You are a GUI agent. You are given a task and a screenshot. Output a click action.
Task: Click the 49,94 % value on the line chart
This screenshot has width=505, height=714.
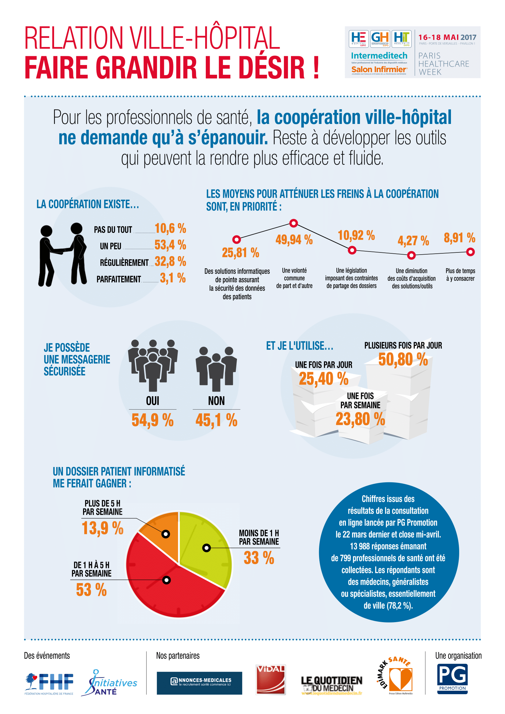[x=294, y=239]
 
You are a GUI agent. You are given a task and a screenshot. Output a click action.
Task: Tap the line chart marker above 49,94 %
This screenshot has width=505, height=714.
[x=293, y=223]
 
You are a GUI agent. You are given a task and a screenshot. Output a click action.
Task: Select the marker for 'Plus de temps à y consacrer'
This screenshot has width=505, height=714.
[x=470, y=252]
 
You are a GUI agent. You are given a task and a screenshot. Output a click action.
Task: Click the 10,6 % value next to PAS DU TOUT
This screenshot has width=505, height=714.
[x=170, y=228]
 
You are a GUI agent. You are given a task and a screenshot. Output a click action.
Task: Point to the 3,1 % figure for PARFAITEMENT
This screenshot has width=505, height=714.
[x=173, y=278]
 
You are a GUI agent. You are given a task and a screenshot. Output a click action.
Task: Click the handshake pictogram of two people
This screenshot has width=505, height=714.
[x=62, y=254]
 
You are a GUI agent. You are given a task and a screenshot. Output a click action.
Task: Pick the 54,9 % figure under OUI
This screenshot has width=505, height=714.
[x=152, y=420]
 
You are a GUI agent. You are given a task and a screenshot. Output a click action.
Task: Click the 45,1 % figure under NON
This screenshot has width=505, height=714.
[x=216, y=420]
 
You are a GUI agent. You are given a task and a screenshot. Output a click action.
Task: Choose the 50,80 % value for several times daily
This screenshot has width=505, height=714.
[x=403, y=360]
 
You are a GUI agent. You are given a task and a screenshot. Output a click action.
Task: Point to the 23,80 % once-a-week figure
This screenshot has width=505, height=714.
[x=360, y=419]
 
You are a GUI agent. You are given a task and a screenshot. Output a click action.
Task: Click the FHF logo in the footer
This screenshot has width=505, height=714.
[x=49, y=683]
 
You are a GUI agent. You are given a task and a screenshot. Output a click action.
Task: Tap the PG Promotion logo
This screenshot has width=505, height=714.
[x=452, y=679]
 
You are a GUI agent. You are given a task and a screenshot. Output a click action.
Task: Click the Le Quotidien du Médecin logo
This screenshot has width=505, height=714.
[x=332, y=684]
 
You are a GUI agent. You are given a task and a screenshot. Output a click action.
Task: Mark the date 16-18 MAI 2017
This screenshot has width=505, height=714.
[x=447, y=37]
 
